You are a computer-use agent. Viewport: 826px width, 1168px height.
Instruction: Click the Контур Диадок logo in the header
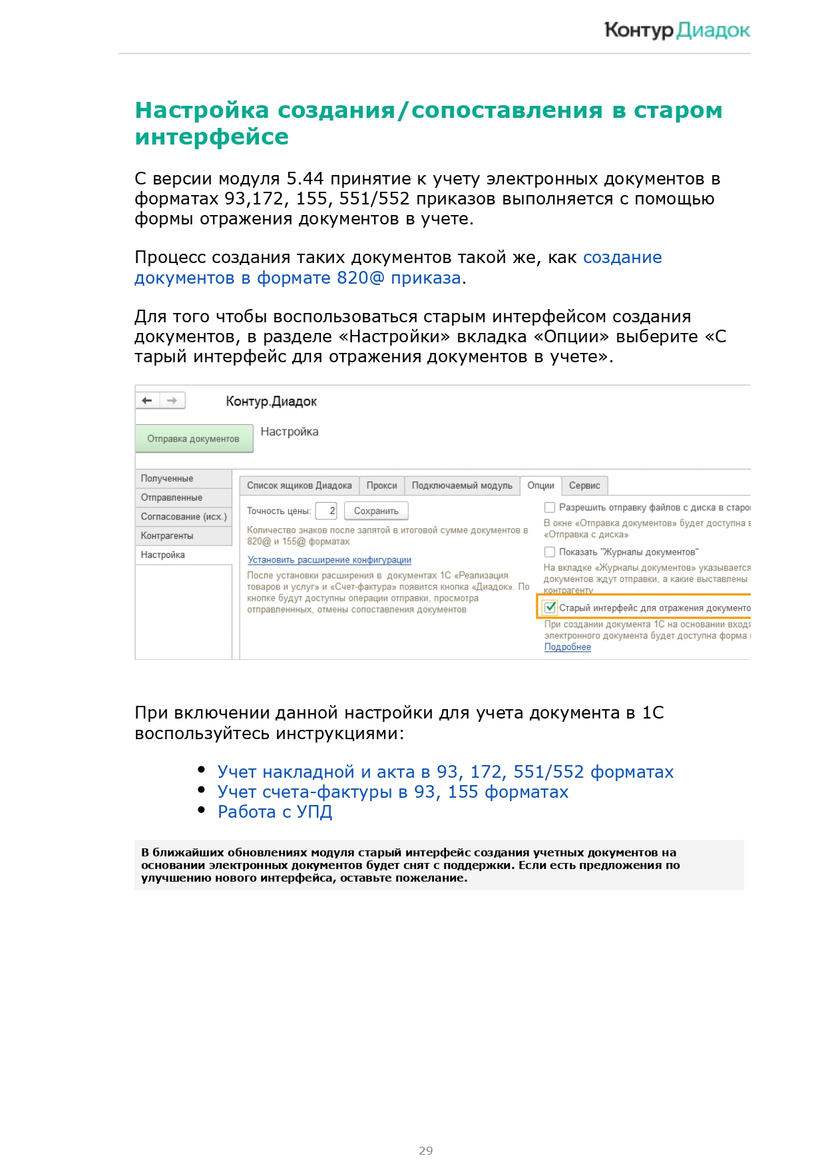pyautogui.click(x=677, y=30)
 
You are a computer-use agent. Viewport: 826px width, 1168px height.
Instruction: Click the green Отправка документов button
pyautogui.click(x=193, y=439)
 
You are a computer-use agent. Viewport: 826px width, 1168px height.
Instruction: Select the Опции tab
pyautogui.click(x=540, y=485)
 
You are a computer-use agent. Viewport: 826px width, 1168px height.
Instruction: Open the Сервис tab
pyautogui.click(x=584, y=485)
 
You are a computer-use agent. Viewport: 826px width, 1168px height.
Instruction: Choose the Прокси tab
pyautogui.click(x=381, y=485)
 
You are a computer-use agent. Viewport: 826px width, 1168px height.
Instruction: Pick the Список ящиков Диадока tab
pyautogui.click(x=299, y=485)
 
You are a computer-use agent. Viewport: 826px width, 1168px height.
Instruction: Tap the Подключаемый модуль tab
pyautogui.click(x=462, y=485)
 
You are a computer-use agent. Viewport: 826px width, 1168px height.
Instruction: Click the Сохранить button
pyautogui.click(x=376, y=511)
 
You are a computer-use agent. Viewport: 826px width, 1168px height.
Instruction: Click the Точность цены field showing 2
pyautogui.click(x=326, y=511)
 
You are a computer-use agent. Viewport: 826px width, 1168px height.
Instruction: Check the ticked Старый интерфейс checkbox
pyautogui.click(x=550, y=607)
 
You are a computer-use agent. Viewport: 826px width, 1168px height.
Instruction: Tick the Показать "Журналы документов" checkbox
pyautogui.click(x=550, y=551)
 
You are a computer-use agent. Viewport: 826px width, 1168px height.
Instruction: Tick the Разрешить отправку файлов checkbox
pyautogui.click(x=550, y=507)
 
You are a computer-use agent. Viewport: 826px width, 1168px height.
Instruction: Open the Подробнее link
pyautogui.click(x=567, y=647)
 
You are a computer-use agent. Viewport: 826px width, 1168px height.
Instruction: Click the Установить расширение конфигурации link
pyautogui.click(x=329, y=560)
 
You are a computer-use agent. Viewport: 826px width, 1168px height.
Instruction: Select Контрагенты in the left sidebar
pyautogui.click(x=167, y=535)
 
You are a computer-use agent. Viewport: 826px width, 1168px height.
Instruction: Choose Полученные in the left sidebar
pyautogui.click(x=167, y=478)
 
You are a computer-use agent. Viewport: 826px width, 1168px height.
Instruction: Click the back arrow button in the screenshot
pyautogui.click(x=147, y=400)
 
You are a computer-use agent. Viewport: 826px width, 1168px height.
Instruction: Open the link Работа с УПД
pyautogui.click(x=275, y=812)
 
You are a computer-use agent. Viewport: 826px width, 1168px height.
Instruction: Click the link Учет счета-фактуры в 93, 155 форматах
pyautogui.click(x=393, y=792)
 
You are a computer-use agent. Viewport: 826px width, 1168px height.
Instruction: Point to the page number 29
pyautogui.click(x=426, y=1150)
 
